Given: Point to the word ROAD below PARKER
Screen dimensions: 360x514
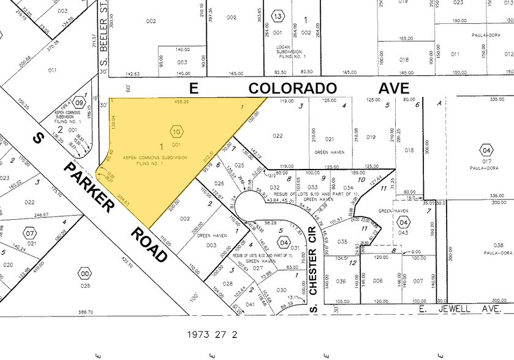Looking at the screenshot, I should point(150,244).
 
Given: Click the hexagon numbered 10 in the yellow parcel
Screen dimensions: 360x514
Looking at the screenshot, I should point(176,131).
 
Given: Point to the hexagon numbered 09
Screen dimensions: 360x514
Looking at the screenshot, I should point(79,104).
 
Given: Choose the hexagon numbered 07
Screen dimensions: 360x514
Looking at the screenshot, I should point(29,233).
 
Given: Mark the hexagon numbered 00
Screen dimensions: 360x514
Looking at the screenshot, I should point(85,272).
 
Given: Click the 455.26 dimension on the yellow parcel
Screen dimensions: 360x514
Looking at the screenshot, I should point(181,102).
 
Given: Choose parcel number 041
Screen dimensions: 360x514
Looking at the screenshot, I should point(251,304).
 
